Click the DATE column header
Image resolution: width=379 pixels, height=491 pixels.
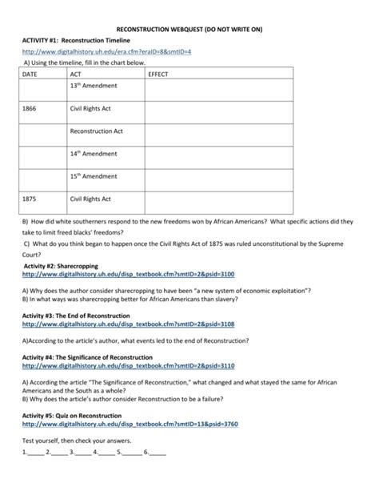click(31, 74)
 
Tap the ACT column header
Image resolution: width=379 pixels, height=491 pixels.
click(76, 74)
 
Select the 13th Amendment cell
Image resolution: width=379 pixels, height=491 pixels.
click(94, 85)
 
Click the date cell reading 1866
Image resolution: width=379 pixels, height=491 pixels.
click(31, 107)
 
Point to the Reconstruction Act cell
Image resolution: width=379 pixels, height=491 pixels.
click(96, 131)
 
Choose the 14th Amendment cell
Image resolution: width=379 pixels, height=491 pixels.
click(94, 153)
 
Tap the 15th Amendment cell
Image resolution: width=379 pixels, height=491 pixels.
click(94, 175)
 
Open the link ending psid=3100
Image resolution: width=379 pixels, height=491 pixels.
click(117, 272)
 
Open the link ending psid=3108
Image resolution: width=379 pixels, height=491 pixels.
click(117, 324)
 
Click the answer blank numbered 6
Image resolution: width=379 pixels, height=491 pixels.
click(158, 474)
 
